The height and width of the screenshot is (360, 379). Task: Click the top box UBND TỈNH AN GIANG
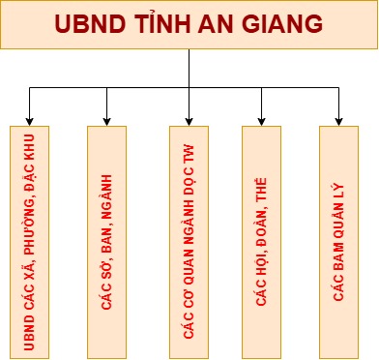(x=189, y=25)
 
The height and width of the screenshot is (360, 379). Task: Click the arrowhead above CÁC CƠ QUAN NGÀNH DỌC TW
(x=189, y=119)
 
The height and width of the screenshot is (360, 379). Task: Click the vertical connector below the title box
(x=189, y=68)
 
